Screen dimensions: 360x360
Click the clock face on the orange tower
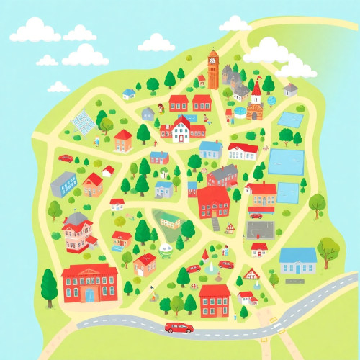(x=213, y=61)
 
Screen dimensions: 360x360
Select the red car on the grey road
(x=179, y=328)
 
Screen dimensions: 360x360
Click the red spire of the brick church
(x=256, y=88)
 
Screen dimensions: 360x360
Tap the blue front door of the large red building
(x=89, y=295)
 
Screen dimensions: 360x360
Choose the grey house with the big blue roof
(x=298, y=261)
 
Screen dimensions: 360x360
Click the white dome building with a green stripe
(x=167, y=250)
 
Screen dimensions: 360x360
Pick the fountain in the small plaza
(x=210, y=269)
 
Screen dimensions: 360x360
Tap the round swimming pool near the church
(x=238, y=113)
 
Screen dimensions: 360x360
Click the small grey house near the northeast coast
(x=290, y=89)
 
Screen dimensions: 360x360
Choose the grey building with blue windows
(x=64, y=184)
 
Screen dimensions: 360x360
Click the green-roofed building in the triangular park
(x=170, y=220)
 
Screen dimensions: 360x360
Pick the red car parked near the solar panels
(x=66, y=158)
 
